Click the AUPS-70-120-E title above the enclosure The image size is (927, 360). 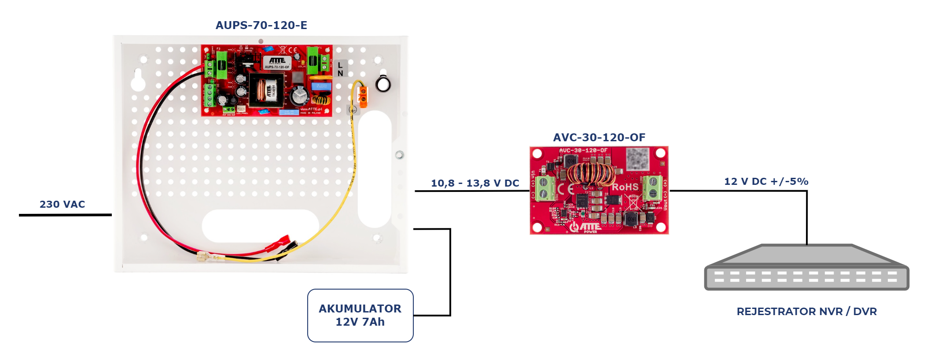pos(261,26)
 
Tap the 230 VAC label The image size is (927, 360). pos(62,204)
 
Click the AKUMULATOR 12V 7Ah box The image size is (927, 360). pos(360,315)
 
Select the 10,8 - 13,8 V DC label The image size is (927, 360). pos(475,183)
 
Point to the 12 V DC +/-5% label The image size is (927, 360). pos(766,181)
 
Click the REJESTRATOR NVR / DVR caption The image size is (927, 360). pos(806,312)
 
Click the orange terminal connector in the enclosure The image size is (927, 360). pos(363,97)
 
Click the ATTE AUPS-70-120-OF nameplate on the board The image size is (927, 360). pos(277,62)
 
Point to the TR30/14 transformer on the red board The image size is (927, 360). pos(267,90)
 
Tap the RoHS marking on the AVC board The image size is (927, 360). pos(625,187)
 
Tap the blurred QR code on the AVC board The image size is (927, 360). pos(637,159)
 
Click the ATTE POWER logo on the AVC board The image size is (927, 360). pos(585,227)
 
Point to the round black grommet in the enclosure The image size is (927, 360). pos(383,84)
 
